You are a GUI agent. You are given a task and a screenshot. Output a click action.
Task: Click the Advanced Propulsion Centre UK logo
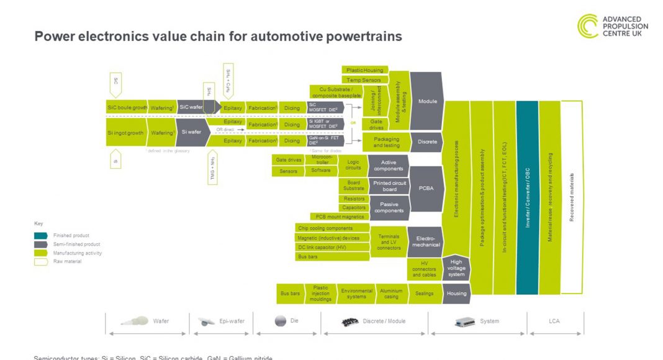(612, 26)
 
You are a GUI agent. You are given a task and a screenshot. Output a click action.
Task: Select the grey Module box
(426, 101)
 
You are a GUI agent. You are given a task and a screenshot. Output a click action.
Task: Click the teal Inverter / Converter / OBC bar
(527, 197)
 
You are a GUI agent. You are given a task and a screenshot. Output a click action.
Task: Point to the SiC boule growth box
(127, 107)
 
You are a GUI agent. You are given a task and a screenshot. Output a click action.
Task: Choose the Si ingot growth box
(125, 133)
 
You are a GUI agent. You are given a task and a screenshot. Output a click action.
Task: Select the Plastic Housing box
(364, 70)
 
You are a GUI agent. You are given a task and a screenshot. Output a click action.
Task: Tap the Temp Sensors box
(364, 79)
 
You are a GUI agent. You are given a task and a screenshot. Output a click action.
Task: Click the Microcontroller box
(320, 160)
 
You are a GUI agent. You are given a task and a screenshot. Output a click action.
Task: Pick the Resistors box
(354, 199)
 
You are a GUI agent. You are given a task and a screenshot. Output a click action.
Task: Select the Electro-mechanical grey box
(425, 241)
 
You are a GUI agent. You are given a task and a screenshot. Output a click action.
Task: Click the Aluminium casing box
(391, 294)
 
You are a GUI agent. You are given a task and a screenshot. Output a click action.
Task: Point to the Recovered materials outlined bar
(572, 197)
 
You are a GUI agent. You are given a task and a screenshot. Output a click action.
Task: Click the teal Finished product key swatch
(40, 236)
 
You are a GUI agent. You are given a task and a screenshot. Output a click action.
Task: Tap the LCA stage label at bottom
(554, 321)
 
